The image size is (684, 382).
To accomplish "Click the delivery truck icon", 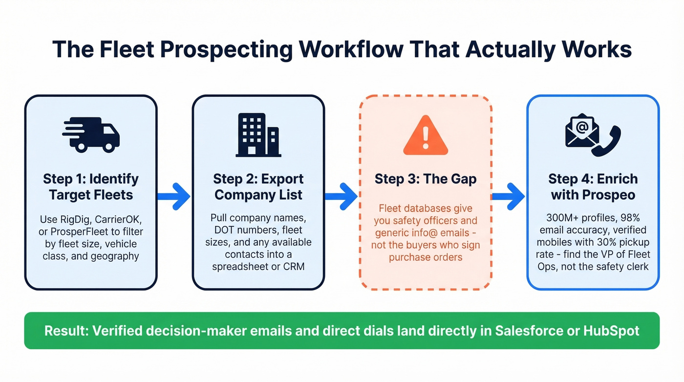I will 91,134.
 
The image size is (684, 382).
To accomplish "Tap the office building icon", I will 257,135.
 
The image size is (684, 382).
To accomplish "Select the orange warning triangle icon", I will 425,135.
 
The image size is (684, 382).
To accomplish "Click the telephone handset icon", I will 606,141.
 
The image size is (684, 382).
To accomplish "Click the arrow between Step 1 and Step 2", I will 174,196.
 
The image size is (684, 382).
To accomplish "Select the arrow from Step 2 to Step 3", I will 342,196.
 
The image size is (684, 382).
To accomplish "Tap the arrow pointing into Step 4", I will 509,196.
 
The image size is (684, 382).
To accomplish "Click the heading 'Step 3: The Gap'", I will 425,179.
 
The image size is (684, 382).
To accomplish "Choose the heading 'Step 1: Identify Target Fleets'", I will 91,187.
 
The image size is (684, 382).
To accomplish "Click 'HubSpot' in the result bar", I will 611,331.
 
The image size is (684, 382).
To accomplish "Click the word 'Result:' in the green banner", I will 65,331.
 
